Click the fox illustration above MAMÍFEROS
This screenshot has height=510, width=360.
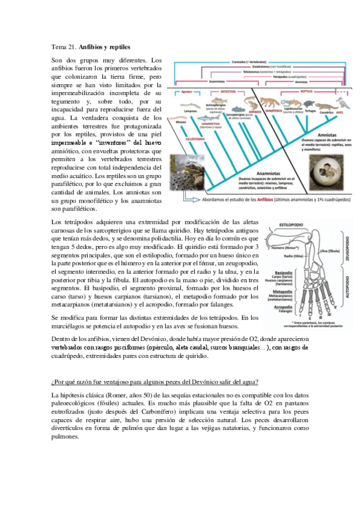tap(270, 103)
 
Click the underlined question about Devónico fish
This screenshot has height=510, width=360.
tap(155, 382)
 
